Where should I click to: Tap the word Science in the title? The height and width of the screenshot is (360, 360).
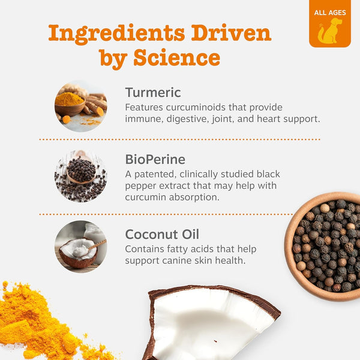pos(177,58)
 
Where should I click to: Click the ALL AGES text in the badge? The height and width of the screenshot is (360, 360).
pos(330,13)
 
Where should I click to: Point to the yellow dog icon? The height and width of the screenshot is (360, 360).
pos(329,31)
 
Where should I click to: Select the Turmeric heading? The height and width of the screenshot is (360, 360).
pos(153,92)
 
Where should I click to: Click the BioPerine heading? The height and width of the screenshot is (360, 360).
pos(155,160)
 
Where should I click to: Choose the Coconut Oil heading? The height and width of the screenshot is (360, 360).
pos(162,235)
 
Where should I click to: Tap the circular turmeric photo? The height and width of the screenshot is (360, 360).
pos(81,106)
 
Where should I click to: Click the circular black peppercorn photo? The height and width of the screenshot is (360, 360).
pos(81,176)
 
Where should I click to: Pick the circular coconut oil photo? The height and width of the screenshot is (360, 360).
pos(81,247)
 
